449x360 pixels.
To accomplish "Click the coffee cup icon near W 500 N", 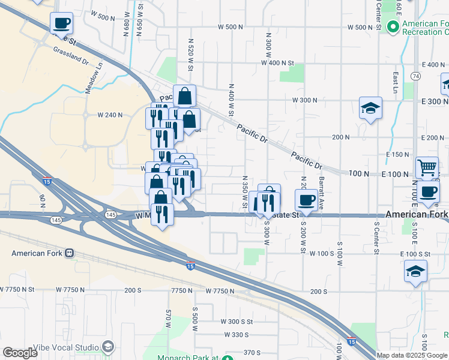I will click(x=61, y=23).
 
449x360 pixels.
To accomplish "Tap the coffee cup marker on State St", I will click(x=307, y=200).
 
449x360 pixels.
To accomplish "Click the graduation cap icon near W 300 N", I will click(x=370, y=109).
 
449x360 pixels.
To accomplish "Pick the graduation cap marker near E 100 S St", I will click(x=415, y=271).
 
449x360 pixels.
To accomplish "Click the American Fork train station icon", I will click(x=70, y=253).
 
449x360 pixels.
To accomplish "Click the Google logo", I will click(x=20, y=353).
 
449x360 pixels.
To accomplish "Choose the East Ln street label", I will click(x=395, y=79).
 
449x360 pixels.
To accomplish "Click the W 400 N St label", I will click(x=279, y=63).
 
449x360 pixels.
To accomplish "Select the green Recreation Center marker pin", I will click(x=393, y=26).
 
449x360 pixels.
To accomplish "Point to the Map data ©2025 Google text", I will click(x=411, y=355).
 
